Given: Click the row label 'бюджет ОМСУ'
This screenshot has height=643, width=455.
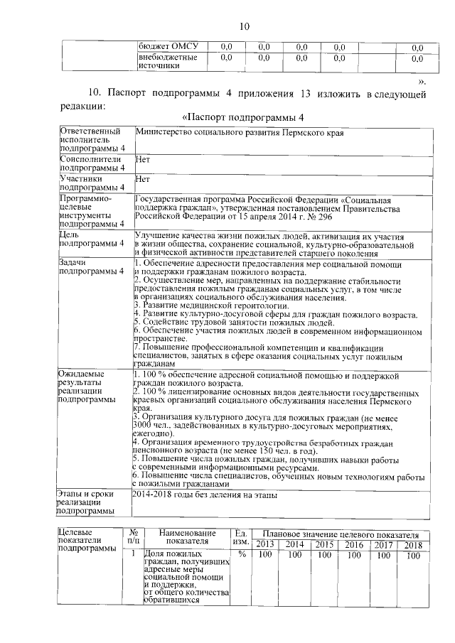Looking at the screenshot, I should point(167,47).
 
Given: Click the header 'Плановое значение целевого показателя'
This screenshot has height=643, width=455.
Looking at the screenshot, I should point(339,534).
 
